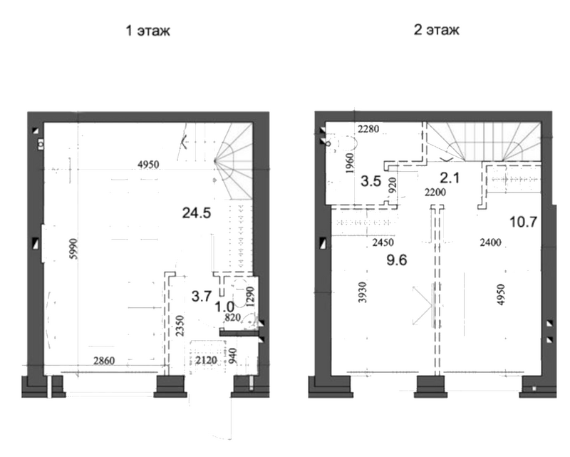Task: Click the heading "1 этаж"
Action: coord(147,31)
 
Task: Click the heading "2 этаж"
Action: coord(436,30)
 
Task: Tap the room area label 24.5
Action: coord(197,213)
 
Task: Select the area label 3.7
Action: coord(202,296)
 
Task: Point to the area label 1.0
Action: coord(224,307)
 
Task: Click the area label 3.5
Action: coord(370,181)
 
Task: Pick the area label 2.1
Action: coord(450,178)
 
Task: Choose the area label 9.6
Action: coord(397,260)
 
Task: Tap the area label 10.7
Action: coord(523,222)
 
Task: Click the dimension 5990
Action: coord(73,249)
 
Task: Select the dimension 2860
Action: coord(104,361)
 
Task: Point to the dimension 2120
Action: coord(206,360)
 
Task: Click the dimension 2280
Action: coord(368,129)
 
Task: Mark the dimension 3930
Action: coord(363,292)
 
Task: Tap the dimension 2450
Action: coord(383,242)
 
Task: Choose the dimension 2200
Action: coord(435,192)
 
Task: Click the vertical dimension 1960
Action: coord(349,163)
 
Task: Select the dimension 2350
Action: coord(180,326)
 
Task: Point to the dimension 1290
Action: coord(251,297)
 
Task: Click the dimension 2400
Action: coord(490,242)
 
